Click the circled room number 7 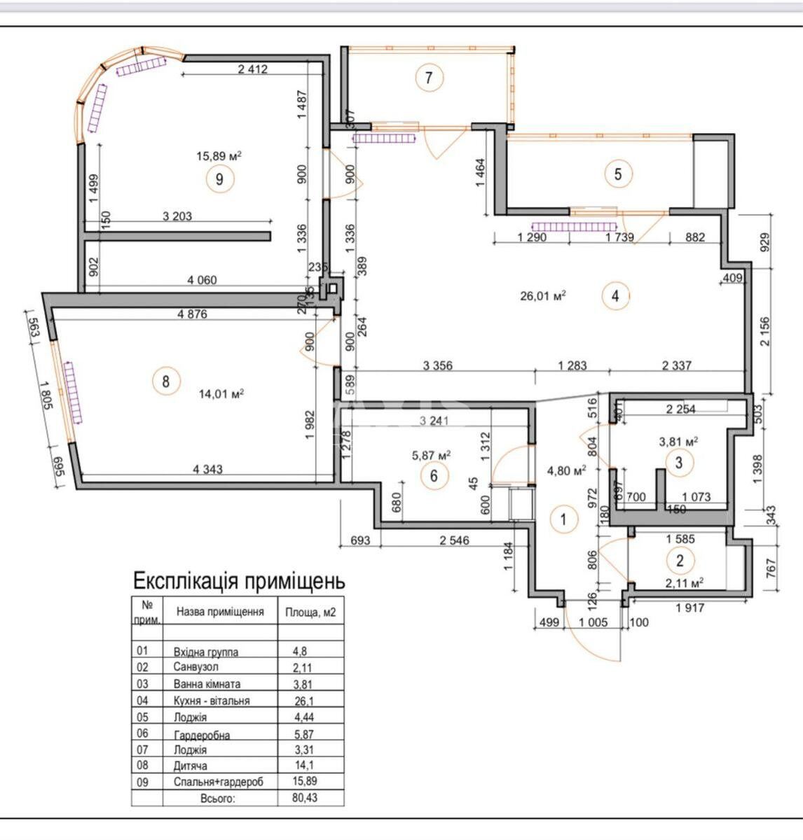tap(429, 78)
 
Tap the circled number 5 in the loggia tap(617, 173)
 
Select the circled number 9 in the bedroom tap(219, 179)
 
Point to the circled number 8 tap(165, 381)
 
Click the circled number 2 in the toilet tap(679, 559)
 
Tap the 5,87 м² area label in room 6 tap(431, 454)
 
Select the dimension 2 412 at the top tap(253, 69)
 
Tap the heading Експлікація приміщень tap(239, 581)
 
